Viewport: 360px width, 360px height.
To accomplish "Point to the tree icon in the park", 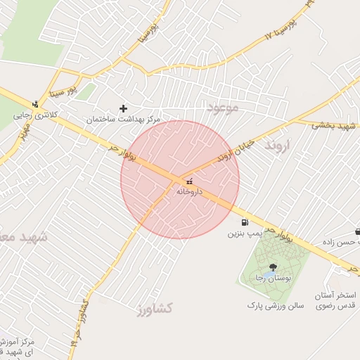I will point(273,267).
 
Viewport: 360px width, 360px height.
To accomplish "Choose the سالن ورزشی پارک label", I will point(275,307).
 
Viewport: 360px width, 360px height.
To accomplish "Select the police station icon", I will point(35,104).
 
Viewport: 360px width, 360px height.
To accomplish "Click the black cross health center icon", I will point(124,108).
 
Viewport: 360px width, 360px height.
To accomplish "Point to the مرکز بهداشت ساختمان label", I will point(124,120).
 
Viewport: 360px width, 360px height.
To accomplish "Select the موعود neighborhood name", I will point(223,108).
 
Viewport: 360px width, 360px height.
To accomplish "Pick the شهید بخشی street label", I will point(331,124).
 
